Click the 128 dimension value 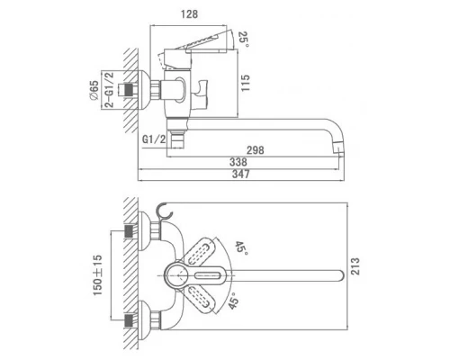coord(190,14)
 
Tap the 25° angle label coord(244,40)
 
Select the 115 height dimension coord(245,84)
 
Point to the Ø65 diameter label coord(94,90)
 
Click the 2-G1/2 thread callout coord(110,89)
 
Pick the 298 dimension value coord(255,149)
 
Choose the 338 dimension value coord(238,162)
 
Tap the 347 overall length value coord(241,174)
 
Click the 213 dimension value coord(355,266)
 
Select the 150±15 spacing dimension coord(97,275)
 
